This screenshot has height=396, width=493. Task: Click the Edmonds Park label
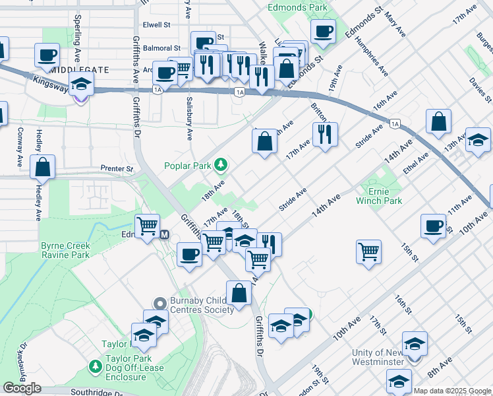(297, 8)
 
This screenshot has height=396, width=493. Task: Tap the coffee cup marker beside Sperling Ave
(47, 56)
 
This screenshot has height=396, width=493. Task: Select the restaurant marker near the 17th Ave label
(325, 135)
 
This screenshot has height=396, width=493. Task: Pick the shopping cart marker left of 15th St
(368, 251)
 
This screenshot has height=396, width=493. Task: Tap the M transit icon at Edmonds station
(165, 234)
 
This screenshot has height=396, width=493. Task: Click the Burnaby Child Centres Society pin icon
(159, 303)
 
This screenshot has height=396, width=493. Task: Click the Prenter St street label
(117, 169)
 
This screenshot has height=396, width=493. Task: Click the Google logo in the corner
(22, 388)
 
